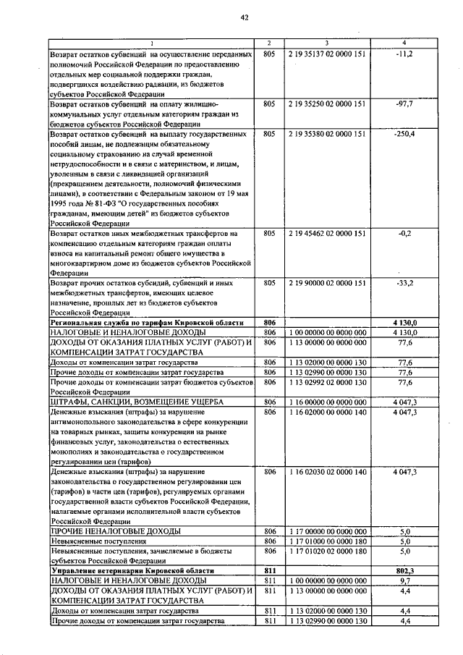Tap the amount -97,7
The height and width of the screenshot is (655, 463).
[404, 104]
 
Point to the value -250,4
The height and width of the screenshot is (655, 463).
[404, 134]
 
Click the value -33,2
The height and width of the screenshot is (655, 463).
[404, 283]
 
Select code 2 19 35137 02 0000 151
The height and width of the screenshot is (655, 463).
[327, 54]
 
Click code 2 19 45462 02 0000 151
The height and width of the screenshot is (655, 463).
[327, 234]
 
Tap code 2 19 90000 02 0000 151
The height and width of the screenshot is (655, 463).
[327, 283]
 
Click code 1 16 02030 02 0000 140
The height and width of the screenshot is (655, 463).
[327, 471]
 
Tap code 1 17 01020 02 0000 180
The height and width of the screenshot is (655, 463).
[327, 551]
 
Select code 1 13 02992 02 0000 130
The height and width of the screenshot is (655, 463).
[327, 381]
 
